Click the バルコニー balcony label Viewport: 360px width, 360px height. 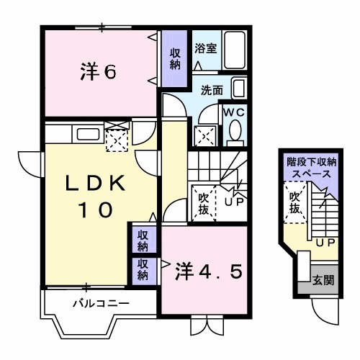click(101, 303)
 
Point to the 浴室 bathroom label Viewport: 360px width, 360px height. click(206, 48)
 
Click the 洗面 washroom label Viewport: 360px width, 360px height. click(212, 91)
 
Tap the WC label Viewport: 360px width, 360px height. click(235, 112)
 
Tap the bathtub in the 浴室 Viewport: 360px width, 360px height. click(236, 50)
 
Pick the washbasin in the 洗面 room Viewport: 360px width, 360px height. click(240, 89)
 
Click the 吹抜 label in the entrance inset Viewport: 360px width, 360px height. click(295, 202)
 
